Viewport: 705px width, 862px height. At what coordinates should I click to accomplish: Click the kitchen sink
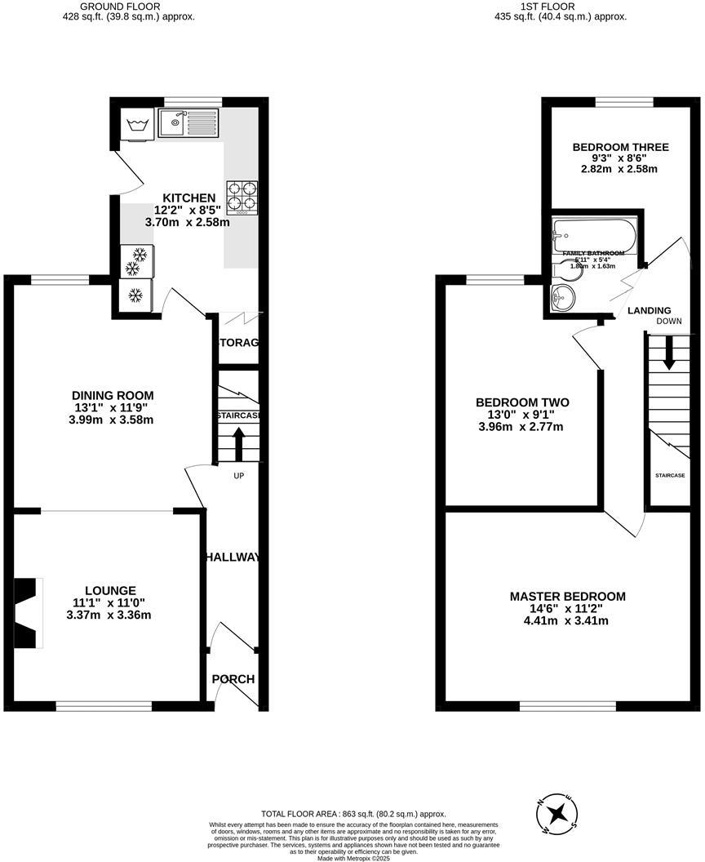(188, 124)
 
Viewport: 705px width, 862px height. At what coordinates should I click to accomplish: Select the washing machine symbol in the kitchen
(135, 125)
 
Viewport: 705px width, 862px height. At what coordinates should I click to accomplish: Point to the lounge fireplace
(26, 614)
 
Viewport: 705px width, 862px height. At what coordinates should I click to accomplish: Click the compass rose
(558, 813)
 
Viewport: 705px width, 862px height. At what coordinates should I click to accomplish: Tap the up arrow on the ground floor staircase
(239, 446)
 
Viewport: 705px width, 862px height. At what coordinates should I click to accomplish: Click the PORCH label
(233, 679)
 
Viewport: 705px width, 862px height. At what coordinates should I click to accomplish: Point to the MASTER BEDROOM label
(568, 597)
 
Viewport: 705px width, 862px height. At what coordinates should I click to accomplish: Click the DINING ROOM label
(113, 396)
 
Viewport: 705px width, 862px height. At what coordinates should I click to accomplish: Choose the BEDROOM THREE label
(609, 148)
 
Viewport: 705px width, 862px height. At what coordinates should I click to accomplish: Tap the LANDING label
(649, 310)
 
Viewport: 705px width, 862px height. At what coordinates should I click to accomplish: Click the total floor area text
(353, 814)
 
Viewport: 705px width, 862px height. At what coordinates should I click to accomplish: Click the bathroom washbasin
(562, 298)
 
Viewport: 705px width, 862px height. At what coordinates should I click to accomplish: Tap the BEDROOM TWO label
(522, 402)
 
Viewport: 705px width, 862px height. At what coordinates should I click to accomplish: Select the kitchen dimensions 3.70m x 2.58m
(187, 222)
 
